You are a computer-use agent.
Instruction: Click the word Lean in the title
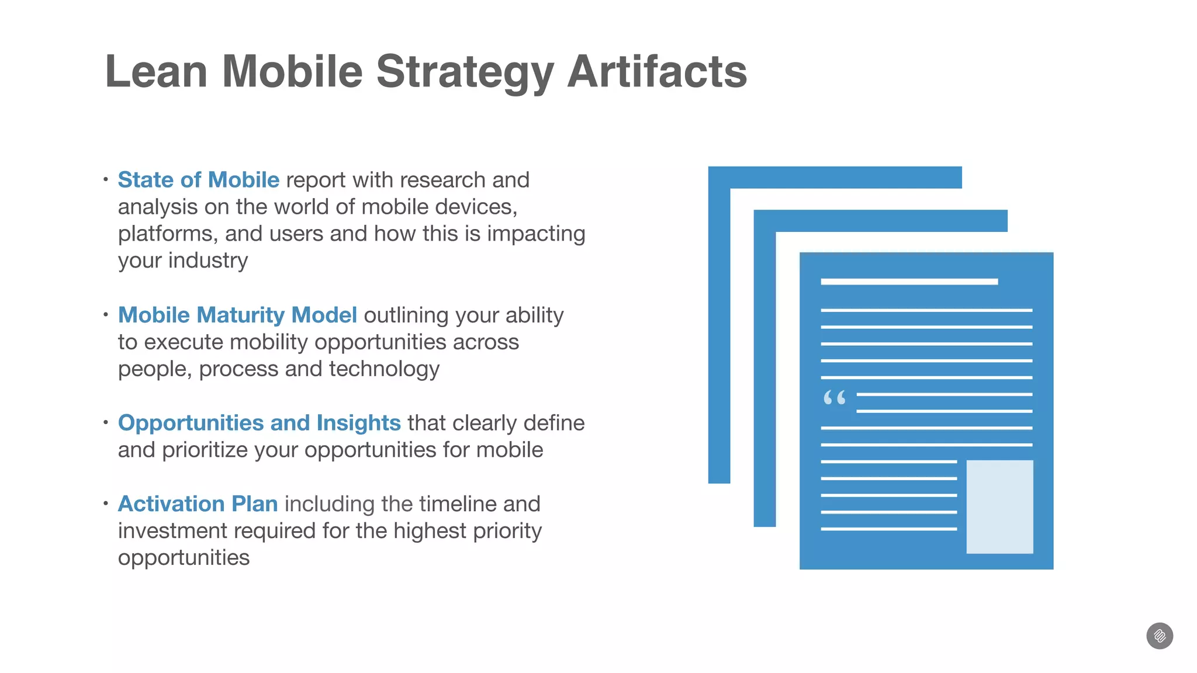156,72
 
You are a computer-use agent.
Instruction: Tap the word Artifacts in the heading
657,72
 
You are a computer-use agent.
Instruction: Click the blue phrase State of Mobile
199,180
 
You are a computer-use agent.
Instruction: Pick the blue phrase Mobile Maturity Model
237,315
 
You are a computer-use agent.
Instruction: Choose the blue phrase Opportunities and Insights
259,423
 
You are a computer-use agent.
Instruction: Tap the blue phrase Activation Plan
198,504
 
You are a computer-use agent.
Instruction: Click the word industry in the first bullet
208,261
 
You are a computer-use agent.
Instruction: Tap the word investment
172,531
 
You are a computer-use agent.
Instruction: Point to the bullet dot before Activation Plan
106,503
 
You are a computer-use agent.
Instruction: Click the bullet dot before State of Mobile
106,179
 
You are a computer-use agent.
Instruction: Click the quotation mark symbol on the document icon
834,398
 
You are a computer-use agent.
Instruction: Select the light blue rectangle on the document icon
999,507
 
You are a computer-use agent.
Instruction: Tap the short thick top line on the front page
909,282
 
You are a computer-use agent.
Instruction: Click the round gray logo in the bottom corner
1160,636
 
